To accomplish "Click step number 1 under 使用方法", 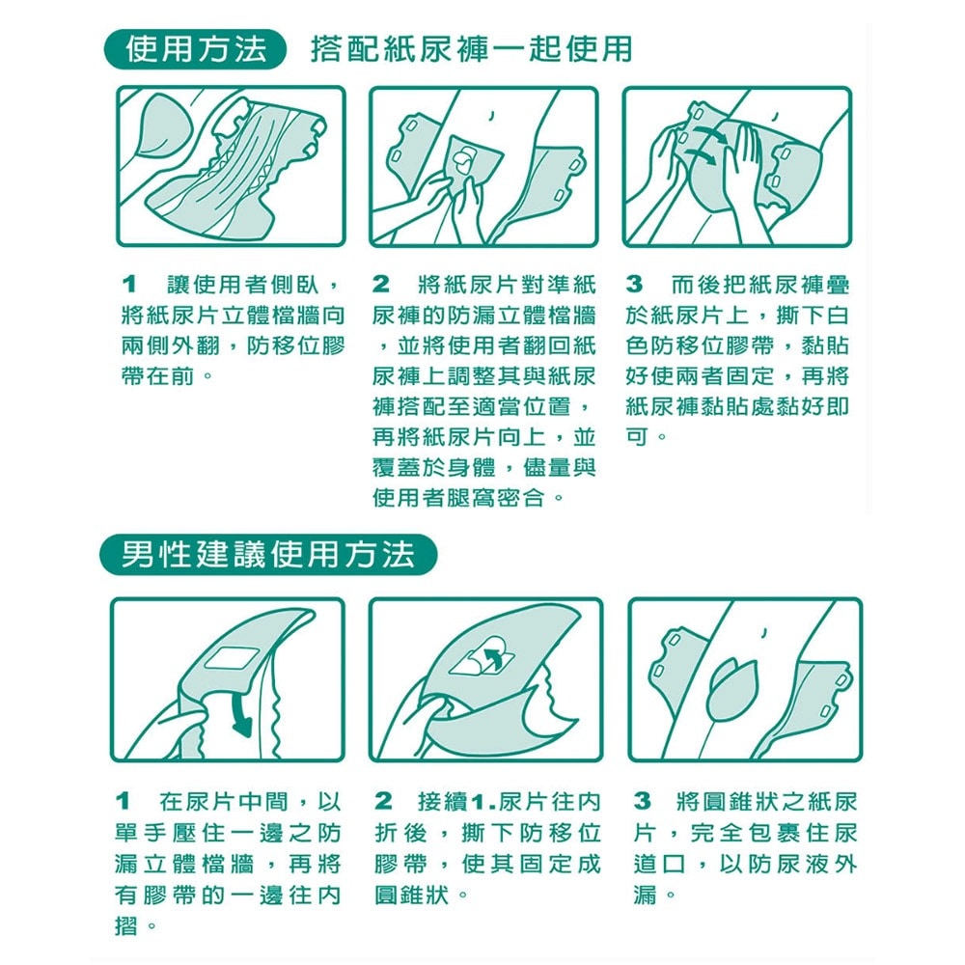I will pyautogui.click(x=126, y=287).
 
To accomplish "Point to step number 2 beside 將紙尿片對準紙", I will pyautogui.click(x=382, y=287).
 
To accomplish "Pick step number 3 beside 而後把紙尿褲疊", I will pyautogui.click(x=634, y=287).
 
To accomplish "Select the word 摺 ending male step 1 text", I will pyautogui.click(x=124, y=927).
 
